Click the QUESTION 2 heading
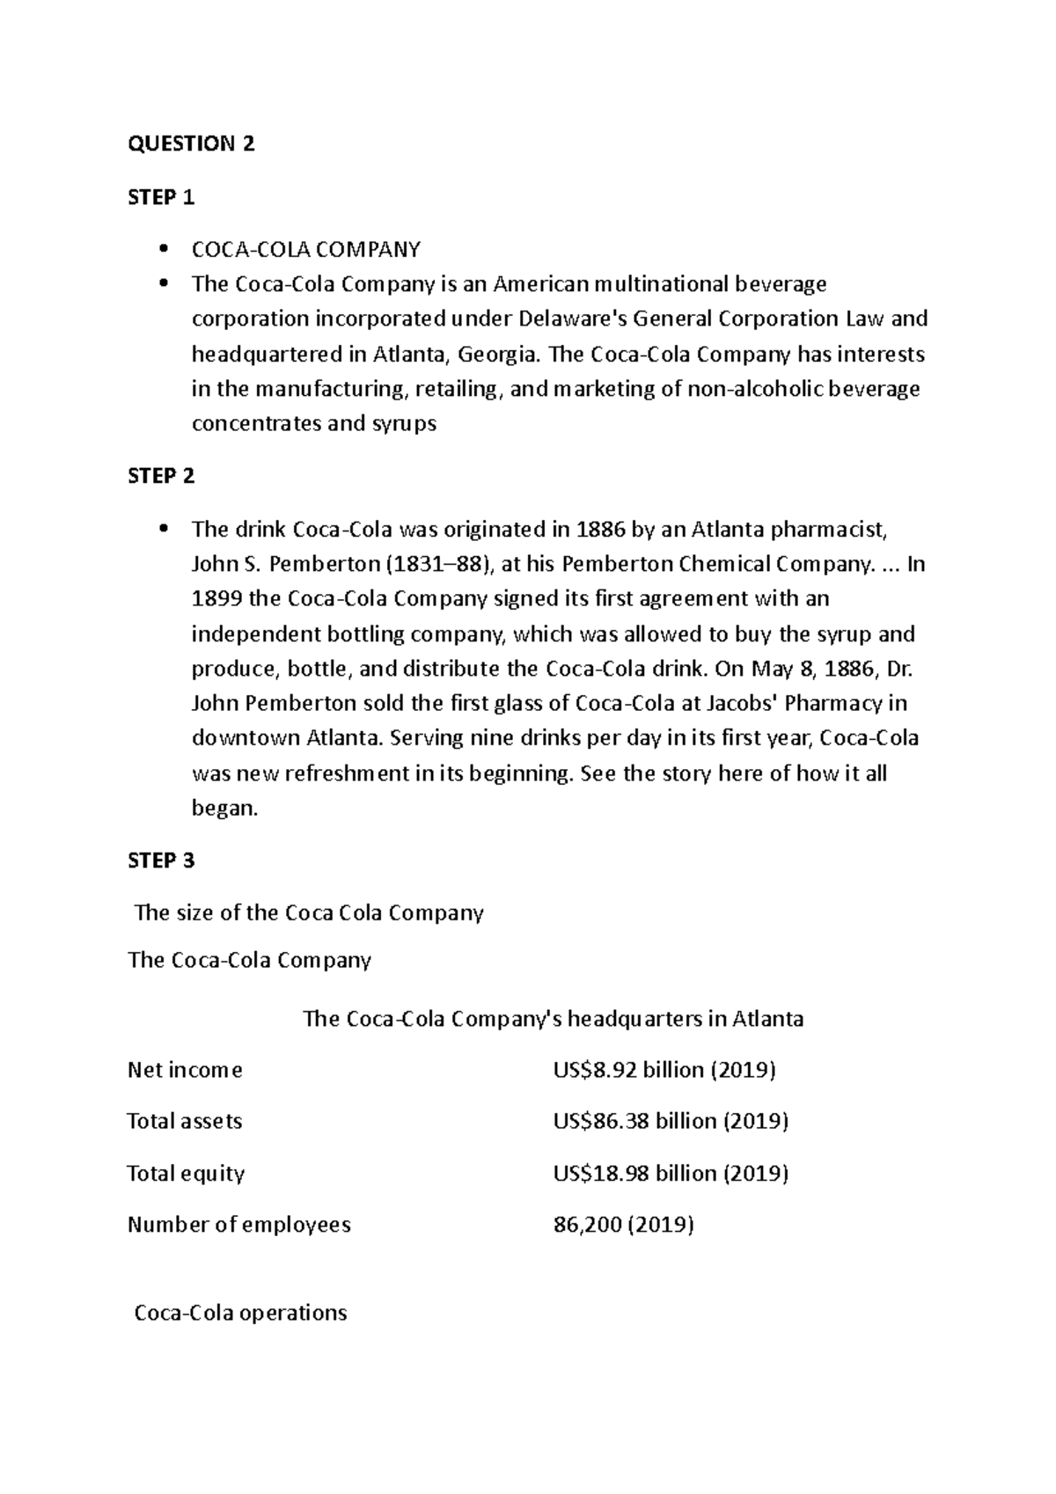(x=191, y=144)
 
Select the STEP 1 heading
(x=161, y=198)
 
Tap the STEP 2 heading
(x=161, y=477)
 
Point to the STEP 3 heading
(x=161, y=861)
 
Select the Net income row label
(x=185, y=1071)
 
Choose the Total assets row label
(x=185, y=1122)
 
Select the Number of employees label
(x=239, y=1226)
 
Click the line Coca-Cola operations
(x=240, y=1314)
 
